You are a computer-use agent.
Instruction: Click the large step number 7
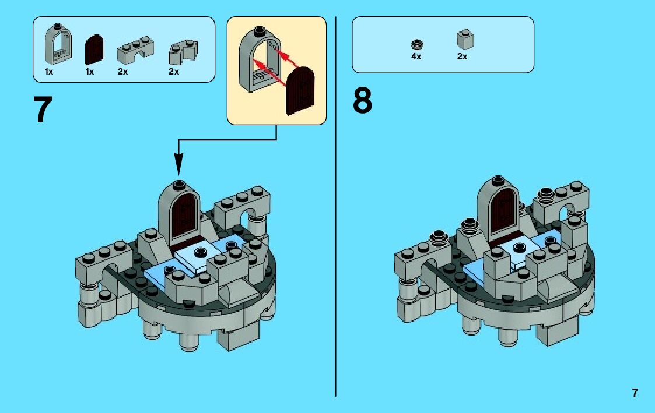pos(44,110)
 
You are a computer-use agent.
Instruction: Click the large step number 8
pos(362,101)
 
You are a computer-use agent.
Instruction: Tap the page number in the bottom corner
pos(635,393)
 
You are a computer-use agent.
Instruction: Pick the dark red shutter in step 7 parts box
pos(94,50)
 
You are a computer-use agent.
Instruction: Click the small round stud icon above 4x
pos(416,44)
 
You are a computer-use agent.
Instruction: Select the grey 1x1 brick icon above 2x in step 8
pos(464,39)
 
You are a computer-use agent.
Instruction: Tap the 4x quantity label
pos(416,57)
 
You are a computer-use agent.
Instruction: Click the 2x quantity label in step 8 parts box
pos(462,57)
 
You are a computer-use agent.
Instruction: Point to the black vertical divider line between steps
pos(336,233)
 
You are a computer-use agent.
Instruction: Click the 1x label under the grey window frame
pos(50,72)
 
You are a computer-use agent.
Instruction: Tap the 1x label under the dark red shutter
pos(89,72)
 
